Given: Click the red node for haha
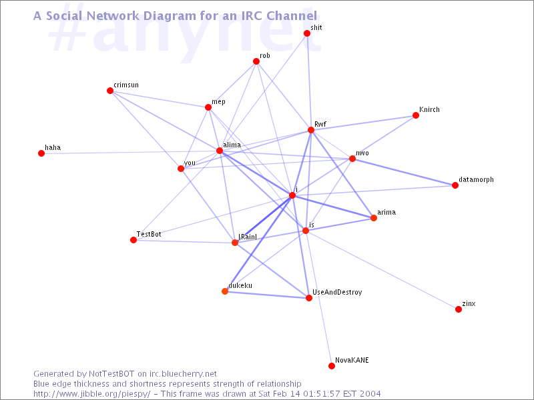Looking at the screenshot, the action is click(41, 153).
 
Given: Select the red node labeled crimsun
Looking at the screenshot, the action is click(110, 91).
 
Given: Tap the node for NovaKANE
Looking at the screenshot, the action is click(332, 366).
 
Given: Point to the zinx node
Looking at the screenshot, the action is click(459, 309).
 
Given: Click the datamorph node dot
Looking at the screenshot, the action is click(455, 185).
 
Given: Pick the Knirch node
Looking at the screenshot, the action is click(415, 115).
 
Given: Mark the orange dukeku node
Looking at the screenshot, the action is click(225, 291).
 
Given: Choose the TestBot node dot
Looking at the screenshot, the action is click(133, 240).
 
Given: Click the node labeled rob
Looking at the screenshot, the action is click(256, 61).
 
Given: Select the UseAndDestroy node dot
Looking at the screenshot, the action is click(309, 298).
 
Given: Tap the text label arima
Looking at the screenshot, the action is click(386, 212).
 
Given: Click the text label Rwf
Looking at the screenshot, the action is click(320, 124).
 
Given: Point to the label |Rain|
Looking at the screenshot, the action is click(248, 237).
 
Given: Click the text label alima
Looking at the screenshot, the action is click(232, 145).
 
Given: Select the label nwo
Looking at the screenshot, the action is click(362, 153).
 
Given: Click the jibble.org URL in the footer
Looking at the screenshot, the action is click(91, 394).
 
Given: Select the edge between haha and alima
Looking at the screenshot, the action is click(130, 152).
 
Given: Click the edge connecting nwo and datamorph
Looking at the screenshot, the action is click(404, 172).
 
